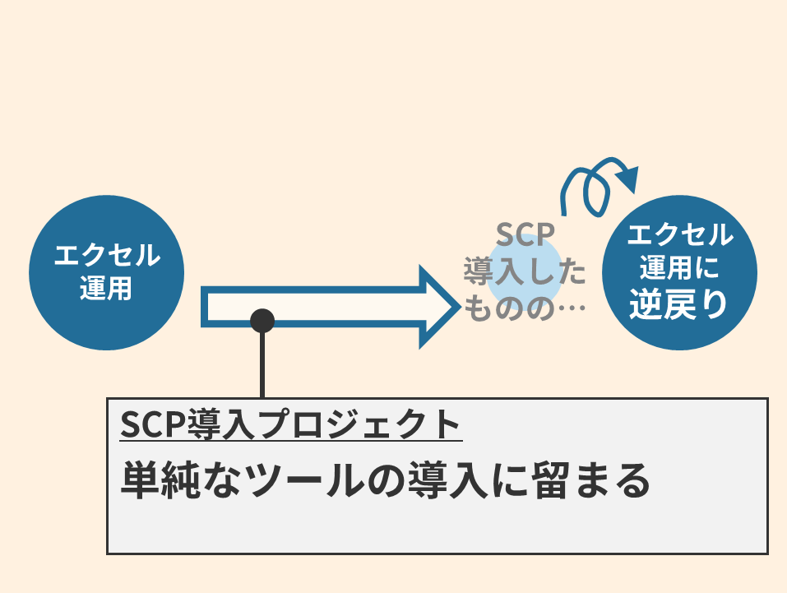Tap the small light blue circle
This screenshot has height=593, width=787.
(x=524, y=268)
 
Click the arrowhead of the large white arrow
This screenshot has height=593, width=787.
(x=436, y=306)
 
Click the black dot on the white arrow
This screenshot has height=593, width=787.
(x=262, y=321)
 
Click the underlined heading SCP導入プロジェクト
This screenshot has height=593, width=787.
(x=290, y=424)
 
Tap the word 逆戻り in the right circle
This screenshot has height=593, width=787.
(x=679, y=305)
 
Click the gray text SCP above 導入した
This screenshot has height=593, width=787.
(x=525, y=234)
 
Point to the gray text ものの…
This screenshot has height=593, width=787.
(x=525, y=309)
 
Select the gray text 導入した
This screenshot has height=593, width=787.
(x=525, y=272)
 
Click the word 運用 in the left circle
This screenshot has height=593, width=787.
(x=106, y=289)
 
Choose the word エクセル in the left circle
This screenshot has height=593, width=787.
(x=106, y=256)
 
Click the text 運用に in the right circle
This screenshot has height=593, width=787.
(x=679, y=268)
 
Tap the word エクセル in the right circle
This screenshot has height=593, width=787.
(x=679, y=235)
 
